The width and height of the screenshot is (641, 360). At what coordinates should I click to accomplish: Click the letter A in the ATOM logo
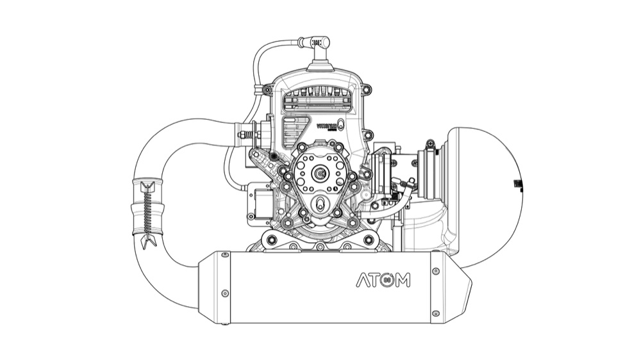click(x=363, y=281)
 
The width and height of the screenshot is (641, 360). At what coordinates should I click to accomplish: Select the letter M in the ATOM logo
click(x=403, y=281)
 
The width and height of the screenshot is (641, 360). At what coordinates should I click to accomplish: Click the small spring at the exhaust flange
click(x=244, y=135)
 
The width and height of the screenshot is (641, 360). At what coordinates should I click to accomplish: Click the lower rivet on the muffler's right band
click(x=436, y=313)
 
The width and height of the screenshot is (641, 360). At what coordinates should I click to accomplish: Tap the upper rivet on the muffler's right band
click(x=436, y=272)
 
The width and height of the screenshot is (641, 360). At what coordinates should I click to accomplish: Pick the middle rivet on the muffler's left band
click(x=224, y=293)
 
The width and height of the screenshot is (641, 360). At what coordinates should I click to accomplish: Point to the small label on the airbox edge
click(x=516, y=185)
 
